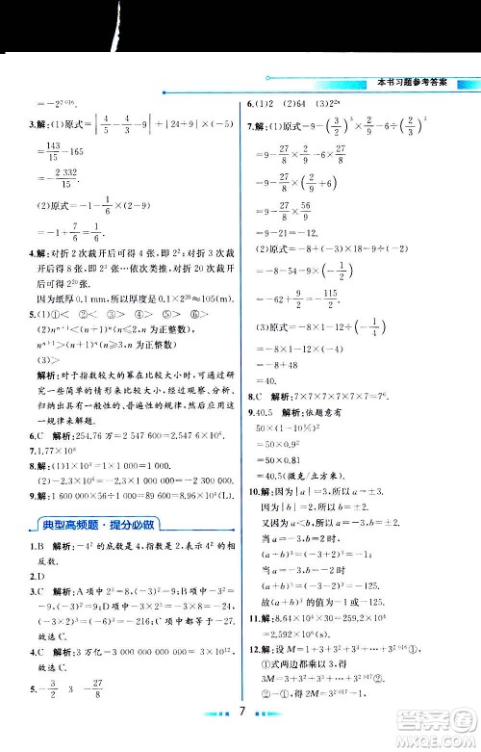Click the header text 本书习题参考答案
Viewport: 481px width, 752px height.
414,82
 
